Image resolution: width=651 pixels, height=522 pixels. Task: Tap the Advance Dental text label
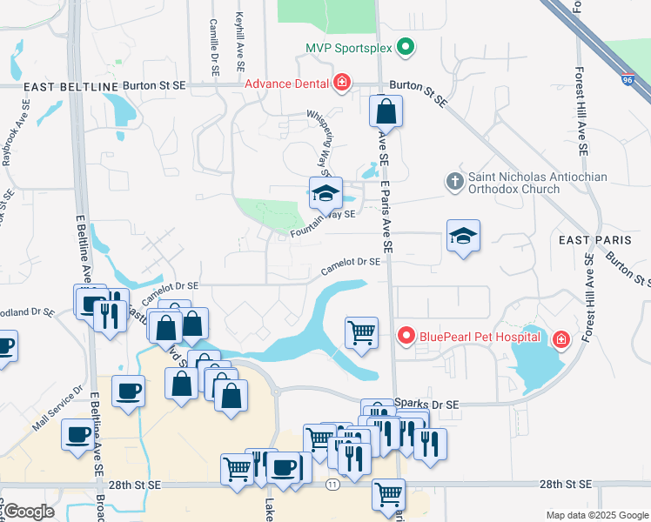pyautogui.click(x=285, y=84)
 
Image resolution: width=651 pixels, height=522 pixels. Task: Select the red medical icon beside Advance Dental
pyautogui.click(x=342, y=84)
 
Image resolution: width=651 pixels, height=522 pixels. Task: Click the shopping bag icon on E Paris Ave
pyautogui.click(x=386, y=112)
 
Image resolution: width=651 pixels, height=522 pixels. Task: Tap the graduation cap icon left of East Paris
pyautogui.click(x=464, y=235)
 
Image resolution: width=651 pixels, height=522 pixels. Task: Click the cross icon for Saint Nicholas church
pyautogui.click(x=453, y=182)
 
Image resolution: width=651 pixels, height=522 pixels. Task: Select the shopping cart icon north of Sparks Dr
pyautogui.click(x=361, y=332)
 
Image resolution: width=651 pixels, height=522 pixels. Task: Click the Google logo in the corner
pyautogui.click(x=29, y=512)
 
